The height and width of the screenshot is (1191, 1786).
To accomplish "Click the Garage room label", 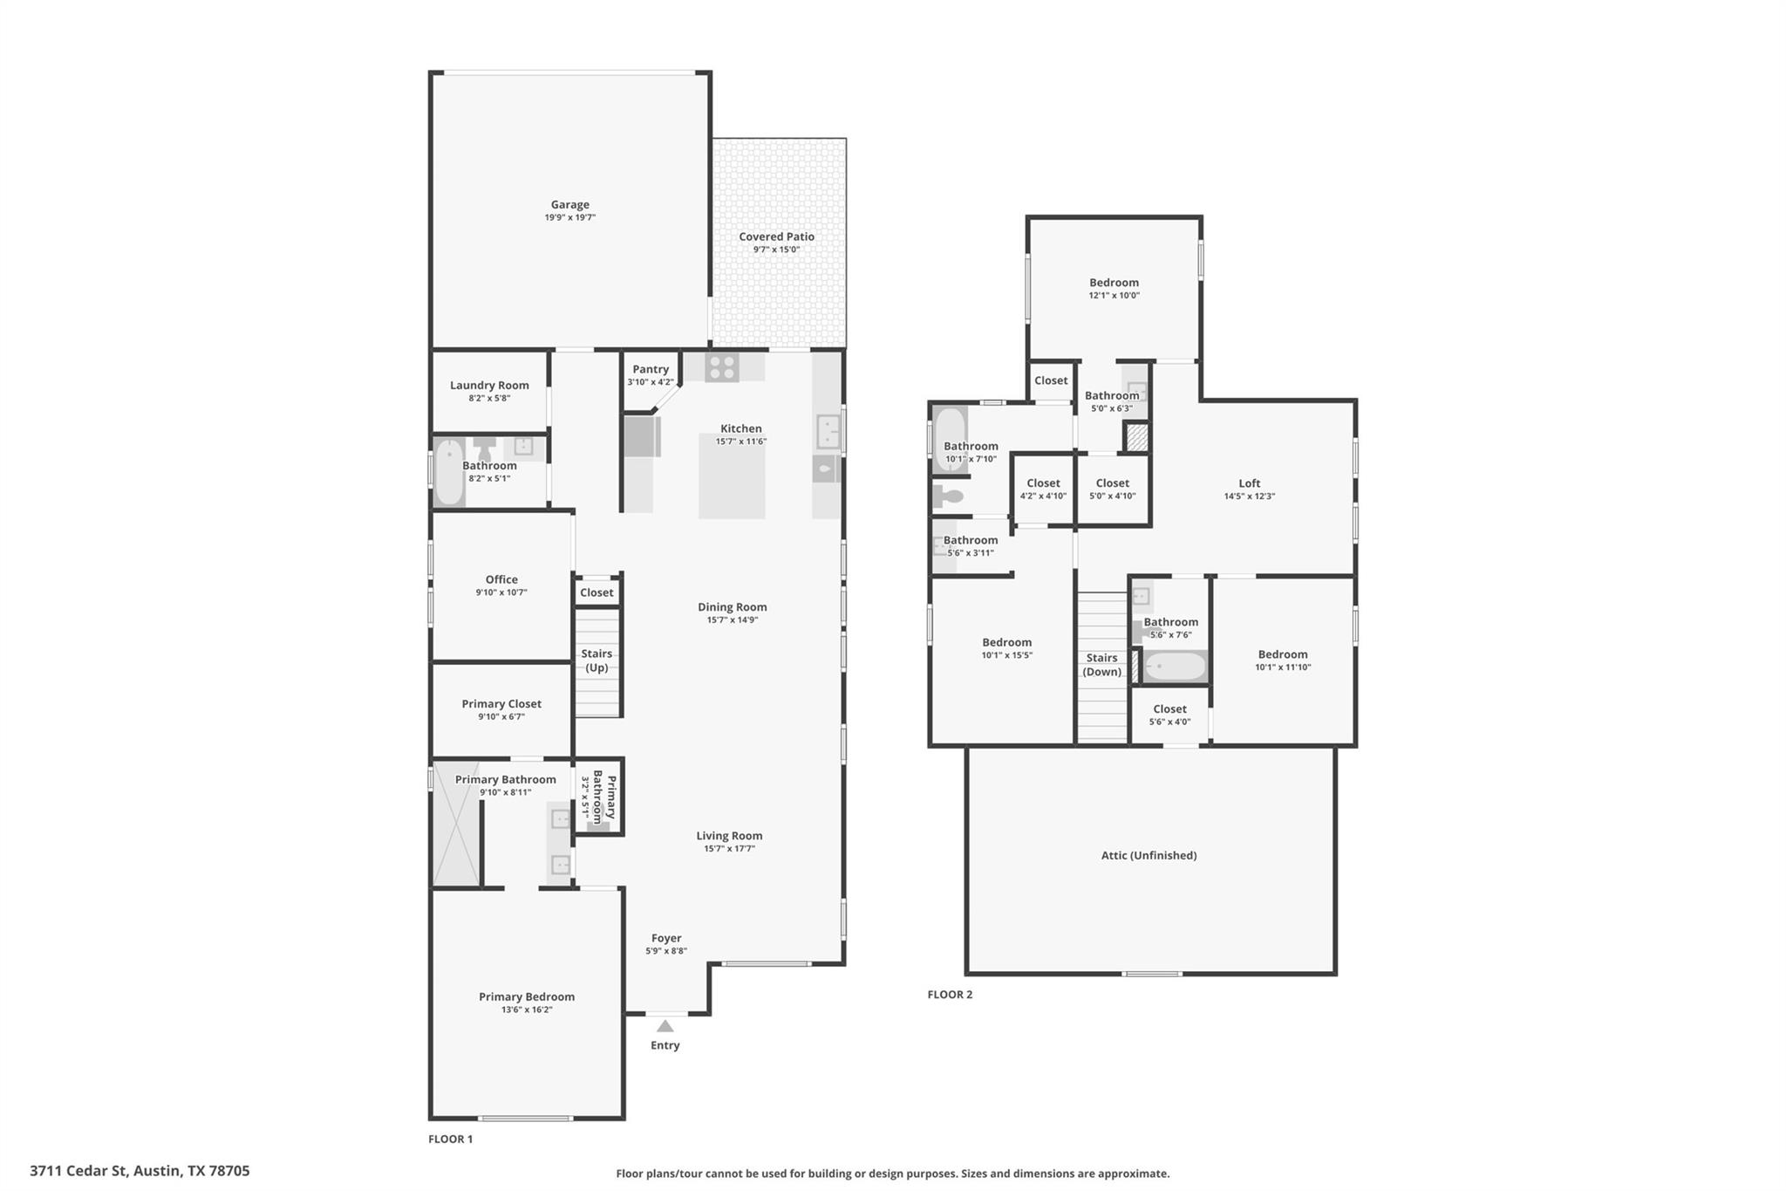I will click(569, 205).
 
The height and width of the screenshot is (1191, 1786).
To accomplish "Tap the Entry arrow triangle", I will click(665, 1026).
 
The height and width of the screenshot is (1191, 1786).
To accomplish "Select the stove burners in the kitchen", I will click(722, 367).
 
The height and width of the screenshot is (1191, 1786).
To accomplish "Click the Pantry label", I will click(651, 369).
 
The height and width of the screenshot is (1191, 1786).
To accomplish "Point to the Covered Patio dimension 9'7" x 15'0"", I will click(776, 250).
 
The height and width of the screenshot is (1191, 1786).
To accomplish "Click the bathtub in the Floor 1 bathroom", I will click(449, 472).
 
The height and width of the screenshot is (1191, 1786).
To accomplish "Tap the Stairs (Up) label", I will click(596, 661).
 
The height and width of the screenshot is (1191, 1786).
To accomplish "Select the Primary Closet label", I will click(501, 703).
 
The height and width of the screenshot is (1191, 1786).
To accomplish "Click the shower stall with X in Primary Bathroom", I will click(456, 825).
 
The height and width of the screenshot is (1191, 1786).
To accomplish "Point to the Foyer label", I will click(666, 938).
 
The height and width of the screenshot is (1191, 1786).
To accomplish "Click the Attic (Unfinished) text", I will click(1149, 855).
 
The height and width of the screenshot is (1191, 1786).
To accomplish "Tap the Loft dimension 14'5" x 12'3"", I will click(1249, 496).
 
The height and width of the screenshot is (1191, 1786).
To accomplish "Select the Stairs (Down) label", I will click(1101, 665).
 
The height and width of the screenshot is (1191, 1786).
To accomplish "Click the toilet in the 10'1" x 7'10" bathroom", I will click(948, 497).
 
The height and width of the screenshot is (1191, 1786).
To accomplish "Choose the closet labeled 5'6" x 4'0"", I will click(1169, 715).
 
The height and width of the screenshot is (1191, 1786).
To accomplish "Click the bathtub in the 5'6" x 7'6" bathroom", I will click(1175, 667).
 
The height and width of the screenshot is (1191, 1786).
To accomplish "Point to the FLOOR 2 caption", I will click(950, 995).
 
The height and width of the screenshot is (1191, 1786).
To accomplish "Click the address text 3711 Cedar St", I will click(140, 1170).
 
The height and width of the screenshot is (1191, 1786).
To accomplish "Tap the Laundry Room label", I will click(489, 385).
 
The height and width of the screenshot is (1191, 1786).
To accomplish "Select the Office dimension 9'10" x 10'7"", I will click(501, 592).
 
